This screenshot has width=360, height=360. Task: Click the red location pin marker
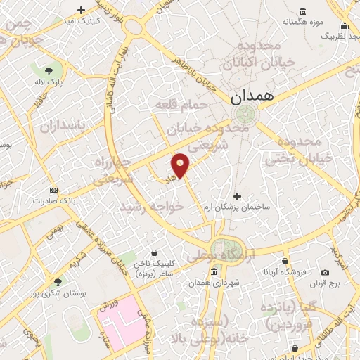point(181,165)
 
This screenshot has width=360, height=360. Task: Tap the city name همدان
point(254,98)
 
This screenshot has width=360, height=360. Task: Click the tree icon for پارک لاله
point(49,71)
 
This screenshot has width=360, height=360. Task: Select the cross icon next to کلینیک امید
point(82,10)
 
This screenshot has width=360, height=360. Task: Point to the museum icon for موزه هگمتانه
point(302,11)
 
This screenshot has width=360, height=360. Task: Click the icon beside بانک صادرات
point(53,190)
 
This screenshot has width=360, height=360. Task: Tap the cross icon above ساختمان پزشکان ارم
point(237,196)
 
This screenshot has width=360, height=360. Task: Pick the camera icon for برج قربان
point(325,272)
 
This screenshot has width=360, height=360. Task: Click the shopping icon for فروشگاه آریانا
point(284,261)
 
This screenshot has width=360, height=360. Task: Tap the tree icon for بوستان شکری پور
point(56,283)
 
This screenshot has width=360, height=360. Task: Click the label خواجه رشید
point(153,207)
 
